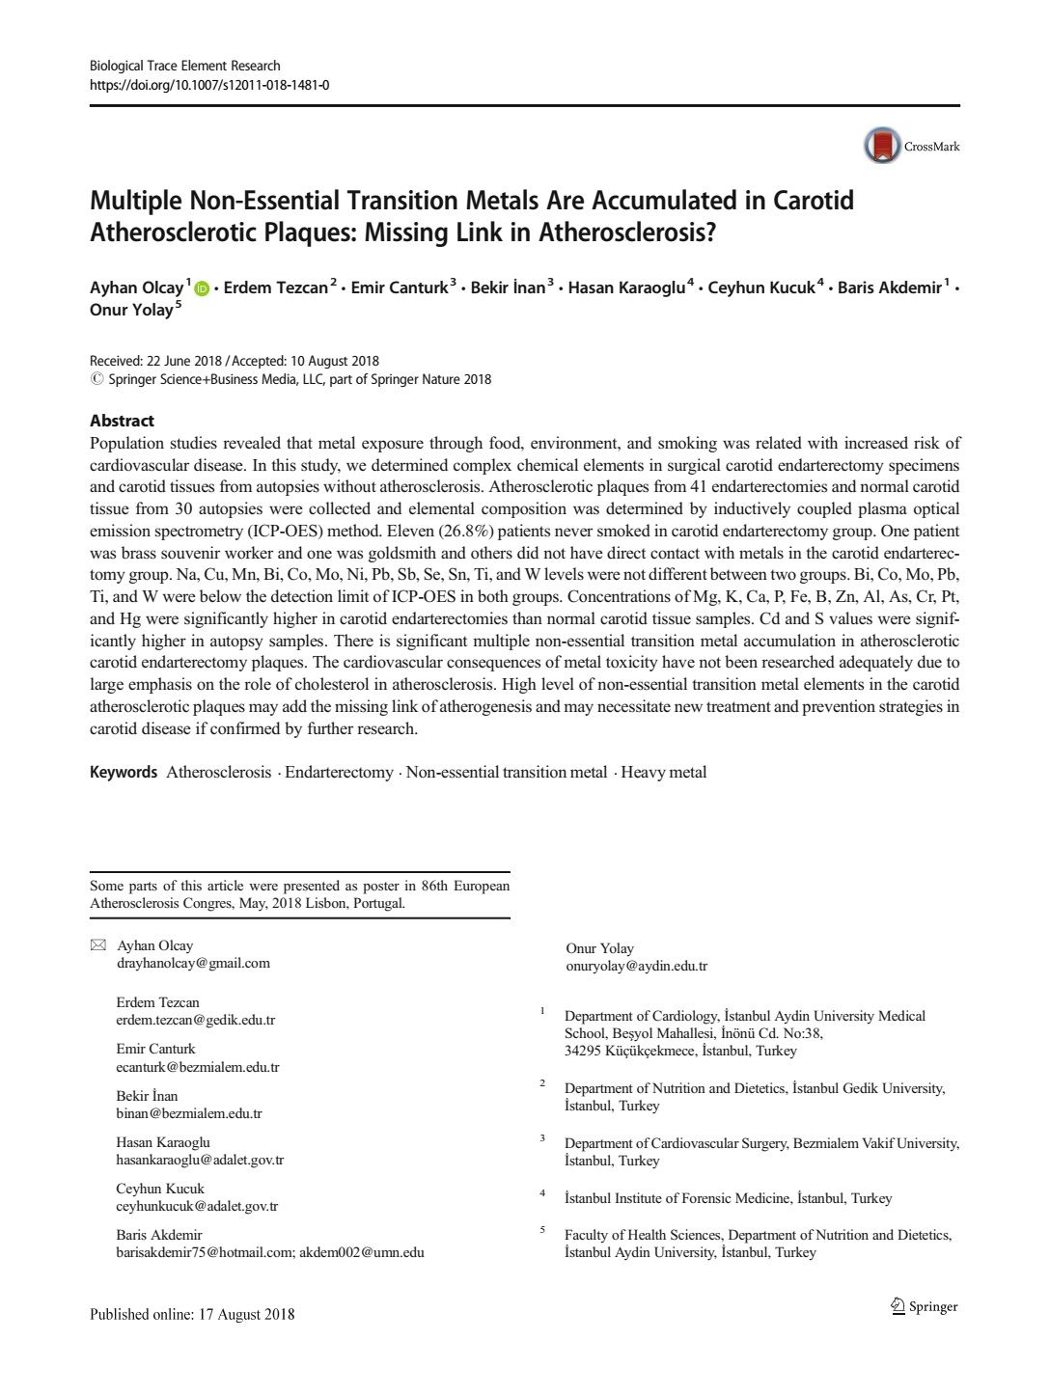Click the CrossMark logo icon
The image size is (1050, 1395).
point(882,147)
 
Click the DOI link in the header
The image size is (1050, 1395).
point(209,85)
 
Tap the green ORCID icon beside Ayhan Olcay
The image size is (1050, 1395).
point(202,288)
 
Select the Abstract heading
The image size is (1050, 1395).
point(122,421)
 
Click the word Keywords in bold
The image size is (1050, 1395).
point(124,772)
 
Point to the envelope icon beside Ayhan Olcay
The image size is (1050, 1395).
point(97,945)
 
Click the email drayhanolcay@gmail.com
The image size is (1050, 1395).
point(193,963)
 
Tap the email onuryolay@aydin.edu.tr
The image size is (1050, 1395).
point(637,966)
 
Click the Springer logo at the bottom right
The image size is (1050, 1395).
point(924,1306)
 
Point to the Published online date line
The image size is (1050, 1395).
point(192,1314)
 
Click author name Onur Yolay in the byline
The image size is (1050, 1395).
point(131,310)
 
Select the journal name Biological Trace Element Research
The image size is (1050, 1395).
point(185,66)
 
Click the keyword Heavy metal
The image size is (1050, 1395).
point(664,772)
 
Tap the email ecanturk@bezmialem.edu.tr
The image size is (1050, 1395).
point(198,1067)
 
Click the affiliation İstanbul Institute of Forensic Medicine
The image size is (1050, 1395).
point(728,1198)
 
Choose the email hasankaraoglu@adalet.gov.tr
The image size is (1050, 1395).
point(200,1160)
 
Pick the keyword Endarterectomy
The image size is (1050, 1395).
point(339,772)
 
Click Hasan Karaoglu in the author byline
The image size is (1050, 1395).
point(626,287)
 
